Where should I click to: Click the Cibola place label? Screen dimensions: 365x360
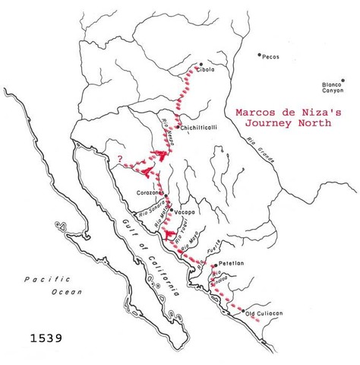pos(207,69)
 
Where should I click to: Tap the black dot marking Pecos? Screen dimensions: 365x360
pos(258,55)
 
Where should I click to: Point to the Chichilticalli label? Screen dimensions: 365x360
pos(199,128)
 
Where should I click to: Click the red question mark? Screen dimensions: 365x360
pos(119,159)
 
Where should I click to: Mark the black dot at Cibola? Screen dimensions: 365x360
pos(200,64)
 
